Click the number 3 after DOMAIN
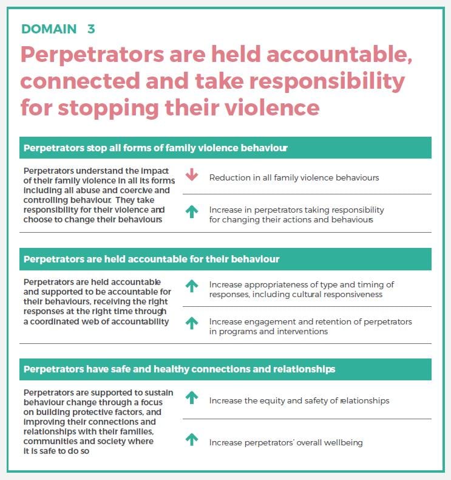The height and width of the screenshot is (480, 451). click(91, 29)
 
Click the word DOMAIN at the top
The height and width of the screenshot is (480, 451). click(49, 29)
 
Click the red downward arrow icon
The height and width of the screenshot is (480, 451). click(192, 176)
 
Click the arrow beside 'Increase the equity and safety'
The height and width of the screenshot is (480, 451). click(192, 399)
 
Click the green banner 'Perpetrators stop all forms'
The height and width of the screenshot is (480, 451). click(225, 148)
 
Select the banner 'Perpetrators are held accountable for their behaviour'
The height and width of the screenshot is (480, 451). click(225, 259)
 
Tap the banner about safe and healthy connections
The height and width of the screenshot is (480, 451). click(225, 369)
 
